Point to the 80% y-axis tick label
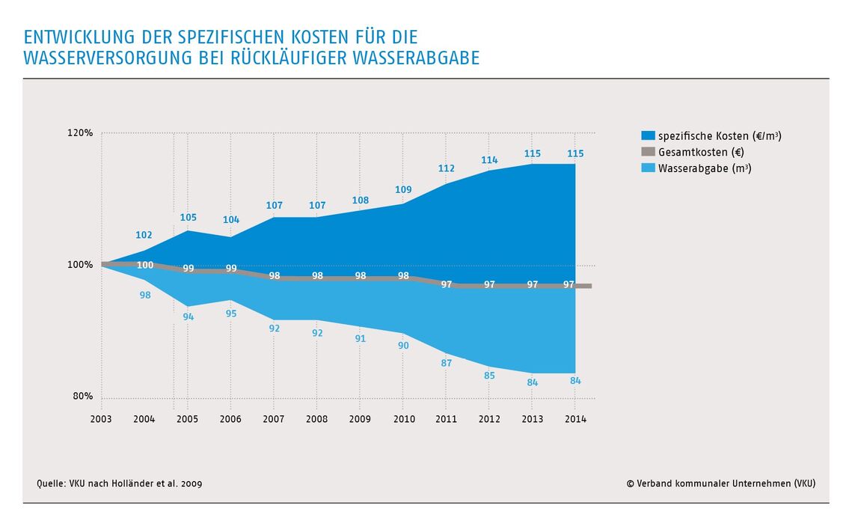point(83,397)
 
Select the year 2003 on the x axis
point(101,420)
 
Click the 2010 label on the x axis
point(403,420)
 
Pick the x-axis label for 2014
point(575,420)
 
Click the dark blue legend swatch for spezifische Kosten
point(648,136)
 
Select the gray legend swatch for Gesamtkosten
point(648,153)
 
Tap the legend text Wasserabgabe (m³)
point(705,168)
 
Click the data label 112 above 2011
point(447,168)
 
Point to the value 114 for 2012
point(489,160)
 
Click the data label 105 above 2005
point(188,218)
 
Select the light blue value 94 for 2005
point(188,316)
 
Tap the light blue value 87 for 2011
point(447,363)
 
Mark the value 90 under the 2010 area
point(403,346)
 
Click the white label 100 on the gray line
point(145,266)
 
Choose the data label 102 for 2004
point(144,235)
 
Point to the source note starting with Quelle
point(119,483)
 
